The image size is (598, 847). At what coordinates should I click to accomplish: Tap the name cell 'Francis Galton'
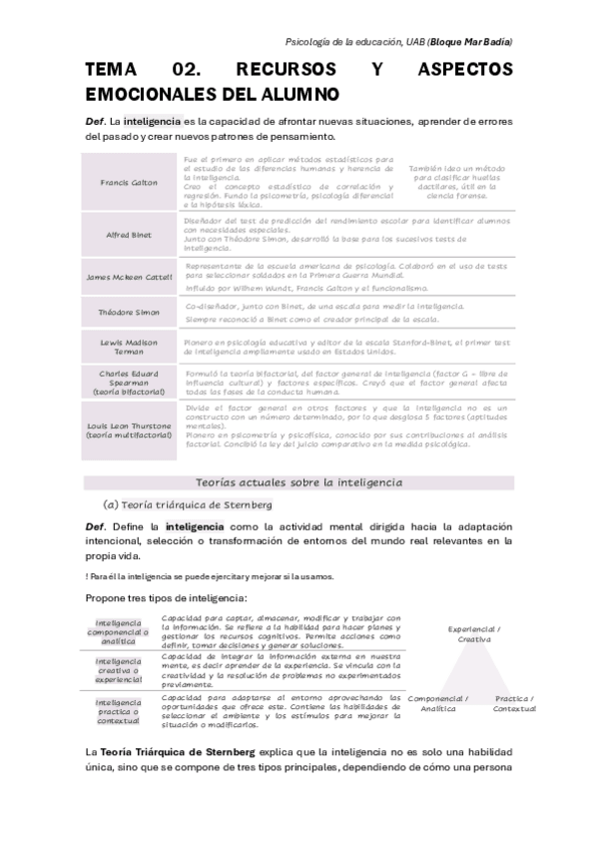129,183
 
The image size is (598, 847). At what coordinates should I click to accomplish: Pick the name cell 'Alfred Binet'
129,235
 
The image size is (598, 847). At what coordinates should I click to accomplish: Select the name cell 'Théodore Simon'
129,312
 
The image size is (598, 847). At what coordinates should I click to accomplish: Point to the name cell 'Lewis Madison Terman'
129,347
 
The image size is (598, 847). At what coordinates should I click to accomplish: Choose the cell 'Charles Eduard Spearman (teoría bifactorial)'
129,383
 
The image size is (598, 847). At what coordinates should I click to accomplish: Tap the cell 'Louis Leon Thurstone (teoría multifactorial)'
129,430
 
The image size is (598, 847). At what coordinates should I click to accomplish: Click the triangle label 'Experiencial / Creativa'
474,634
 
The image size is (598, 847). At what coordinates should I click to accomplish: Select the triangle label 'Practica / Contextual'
514,703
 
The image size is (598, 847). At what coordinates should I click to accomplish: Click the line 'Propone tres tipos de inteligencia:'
174,597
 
